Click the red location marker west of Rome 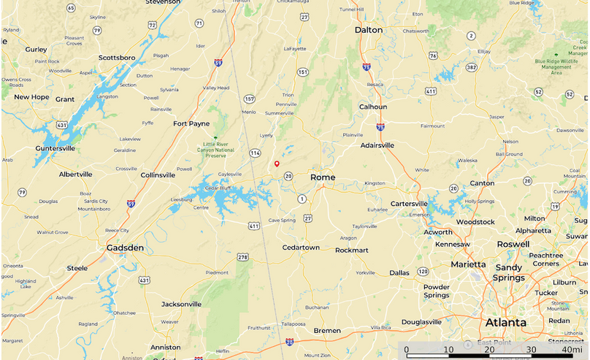pyautogui.click(x=277, y=164)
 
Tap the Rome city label pyautogui.click(x=323, y=177)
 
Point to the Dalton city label pyautogui.click(x=368, y=30)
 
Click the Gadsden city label pyautogui.click(x=125, y=248)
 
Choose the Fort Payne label pyautogui.click(x=191, y=123)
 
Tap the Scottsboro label pyautogui.click(x=118, y=57)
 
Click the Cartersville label pyautogui.click(x=410, y=204)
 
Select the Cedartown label pyautogui.click(x=301, y=248)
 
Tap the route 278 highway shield pyautogui.click(x=242, y=257)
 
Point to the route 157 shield pyautogui.click(x=250, y=99)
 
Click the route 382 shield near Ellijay pyautogui.click(x=472, y=67)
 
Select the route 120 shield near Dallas pyautogui.click(x=423, y=272)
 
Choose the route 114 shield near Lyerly pyautogui.click(x=255, y=153)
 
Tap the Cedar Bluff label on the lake pyautogui.click(x=217, y=188)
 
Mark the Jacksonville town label pyautogui.click(x=181, y=304)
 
